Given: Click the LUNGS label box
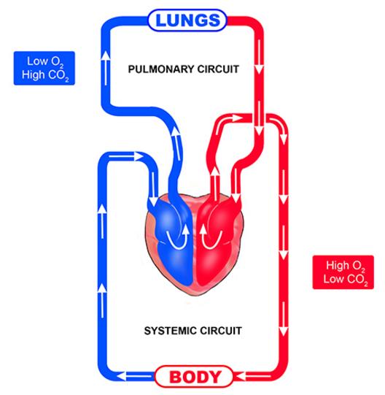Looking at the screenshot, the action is tap(187, 20).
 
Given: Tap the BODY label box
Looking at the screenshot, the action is tap(194, 376).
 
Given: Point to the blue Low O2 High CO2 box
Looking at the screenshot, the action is tap(44, 69).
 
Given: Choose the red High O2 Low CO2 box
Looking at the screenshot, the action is tap(343, 272).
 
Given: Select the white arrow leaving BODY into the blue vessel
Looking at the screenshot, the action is tap(135, 376).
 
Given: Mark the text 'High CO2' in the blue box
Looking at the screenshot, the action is tap(45, 75).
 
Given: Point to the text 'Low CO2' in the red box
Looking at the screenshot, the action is tap(346, 280).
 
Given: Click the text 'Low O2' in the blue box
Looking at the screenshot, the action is tap(45, 62).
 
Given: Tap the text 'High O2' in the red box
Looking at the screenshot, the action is tap(346, 266).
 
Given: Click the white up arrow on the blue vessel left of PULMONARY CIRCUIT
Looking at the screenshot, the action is tap(106, 68).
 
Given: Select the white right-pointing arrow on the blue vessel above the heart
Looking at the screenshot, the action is tap(126, 157).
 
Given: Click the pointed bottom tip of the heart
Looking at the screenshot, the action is tap(197, 295).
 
